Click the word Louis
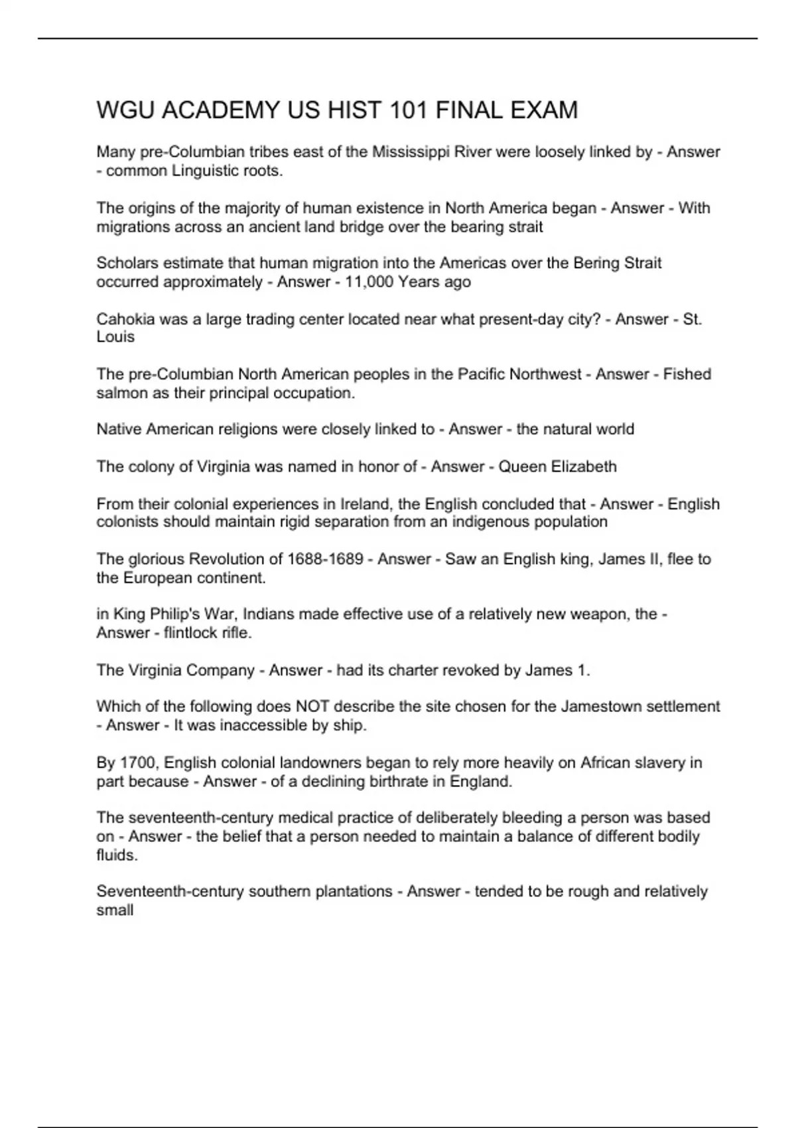click(x=115, y=337)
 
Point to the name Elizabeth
click(x=584, y=466)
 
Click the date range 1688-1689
click(x=325, y=559)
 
